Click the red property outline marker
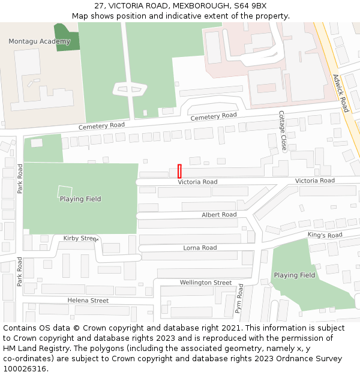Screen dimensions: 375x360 point(179,170)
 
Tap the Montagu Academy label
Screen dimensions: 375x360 point(39,41)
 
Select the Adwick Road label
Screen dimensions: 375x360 point(340,93)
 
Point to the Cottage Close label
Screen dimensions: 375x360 point(282,131)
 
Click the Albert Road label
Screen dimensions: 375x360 point(219,214)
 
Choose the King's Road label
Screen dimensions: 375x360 point(325,235)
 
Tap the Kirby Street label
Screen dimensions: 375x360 point(80,238)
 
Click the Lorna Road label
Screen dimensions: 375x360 point(200,247)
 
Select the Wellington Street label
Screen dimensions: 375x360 point(205,282)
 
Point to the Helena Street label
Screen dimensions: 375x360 point(88,300)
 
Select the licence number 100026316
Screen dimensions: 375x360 point(25,368)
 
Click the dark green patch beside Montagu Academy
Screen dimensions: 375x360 point(66,37)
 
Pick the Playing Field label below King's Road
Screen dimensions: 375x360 point(294,275)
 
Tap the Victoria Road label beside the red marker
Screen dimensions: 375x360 point(197,181)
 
